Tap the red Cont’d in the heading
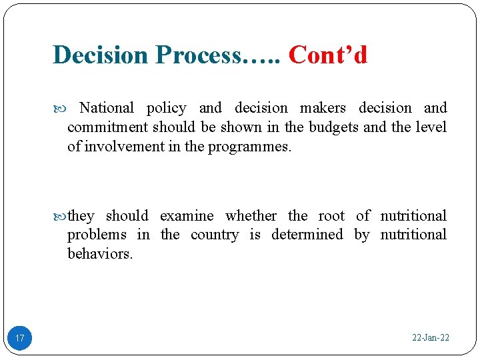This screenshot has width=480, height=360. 328,55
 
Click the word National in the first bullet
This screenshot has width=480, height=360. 107,108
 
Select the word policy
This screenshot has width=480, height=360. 166,108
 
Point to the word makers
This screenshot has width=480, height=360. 323,108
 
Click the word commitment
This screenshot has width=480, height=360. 108,127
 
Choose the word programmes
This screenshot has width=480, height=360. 249,147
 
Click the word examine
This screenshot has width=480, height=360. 187,216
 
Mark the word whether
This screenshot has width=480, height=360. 251,216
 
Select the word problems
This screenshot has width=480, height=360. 97,235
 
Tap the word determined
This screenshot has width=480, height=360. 307,235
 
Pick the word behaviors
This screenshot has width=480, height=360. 100,254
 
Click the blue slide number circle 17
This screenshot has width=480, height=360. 20,338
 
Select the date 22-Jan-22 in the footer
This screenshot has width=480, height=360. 431,338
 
